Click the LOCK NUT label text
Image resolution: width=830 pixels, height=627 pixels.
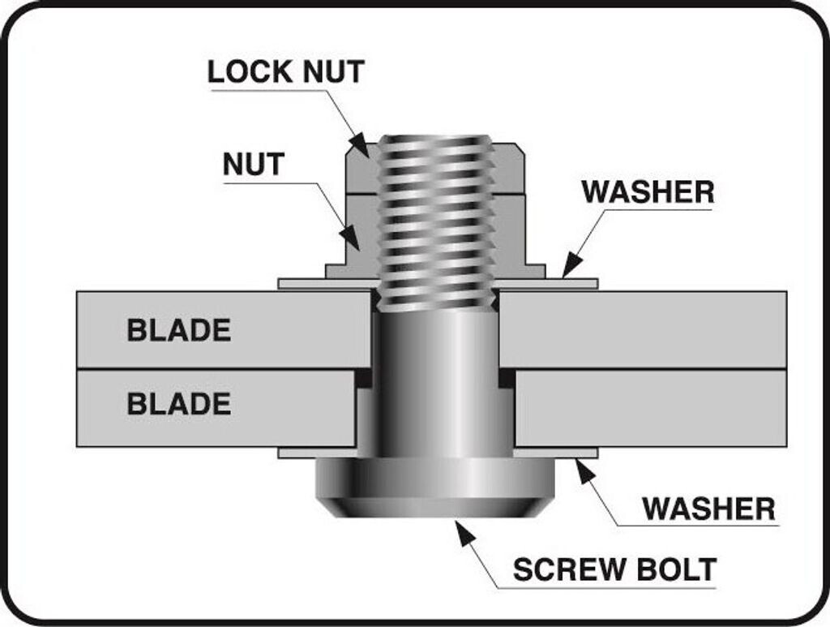point(286,71)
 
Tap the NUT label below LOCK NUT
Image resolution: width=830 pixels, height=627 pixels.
point(254,164)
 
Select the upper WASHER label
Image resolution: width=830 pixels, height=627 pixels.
point(648,191)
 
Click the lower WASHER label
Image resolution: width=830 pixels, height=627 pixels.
point(708,509)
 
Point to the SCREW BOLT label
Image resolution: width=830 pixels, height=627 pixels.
point(615,569)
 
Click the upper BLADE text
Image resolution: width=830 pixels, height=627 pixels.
point(179,330)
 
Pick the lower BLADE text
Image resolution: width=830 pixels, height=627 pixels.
point(179,403)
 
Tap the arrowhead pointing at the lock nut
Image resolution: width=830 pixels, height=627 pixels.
point(361,144)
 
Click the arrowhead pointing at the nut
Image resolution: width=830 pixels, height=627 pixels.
point(352,238)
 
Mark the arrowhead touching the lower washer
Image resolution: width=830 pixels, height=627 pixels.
point(582,471)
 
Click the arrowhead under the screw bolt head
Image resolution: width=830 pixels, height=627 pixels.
point(464,532)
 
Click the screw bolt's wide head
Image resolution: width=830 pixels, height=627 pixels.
point(434,487)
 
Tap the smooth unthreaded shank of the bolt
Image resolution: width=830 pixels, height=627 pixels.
point(435,384)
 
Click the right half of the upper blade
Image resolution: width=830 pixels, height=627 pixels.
point(643,329)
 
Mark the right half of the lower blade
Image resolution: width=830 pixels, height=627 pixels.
point(651,408)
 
